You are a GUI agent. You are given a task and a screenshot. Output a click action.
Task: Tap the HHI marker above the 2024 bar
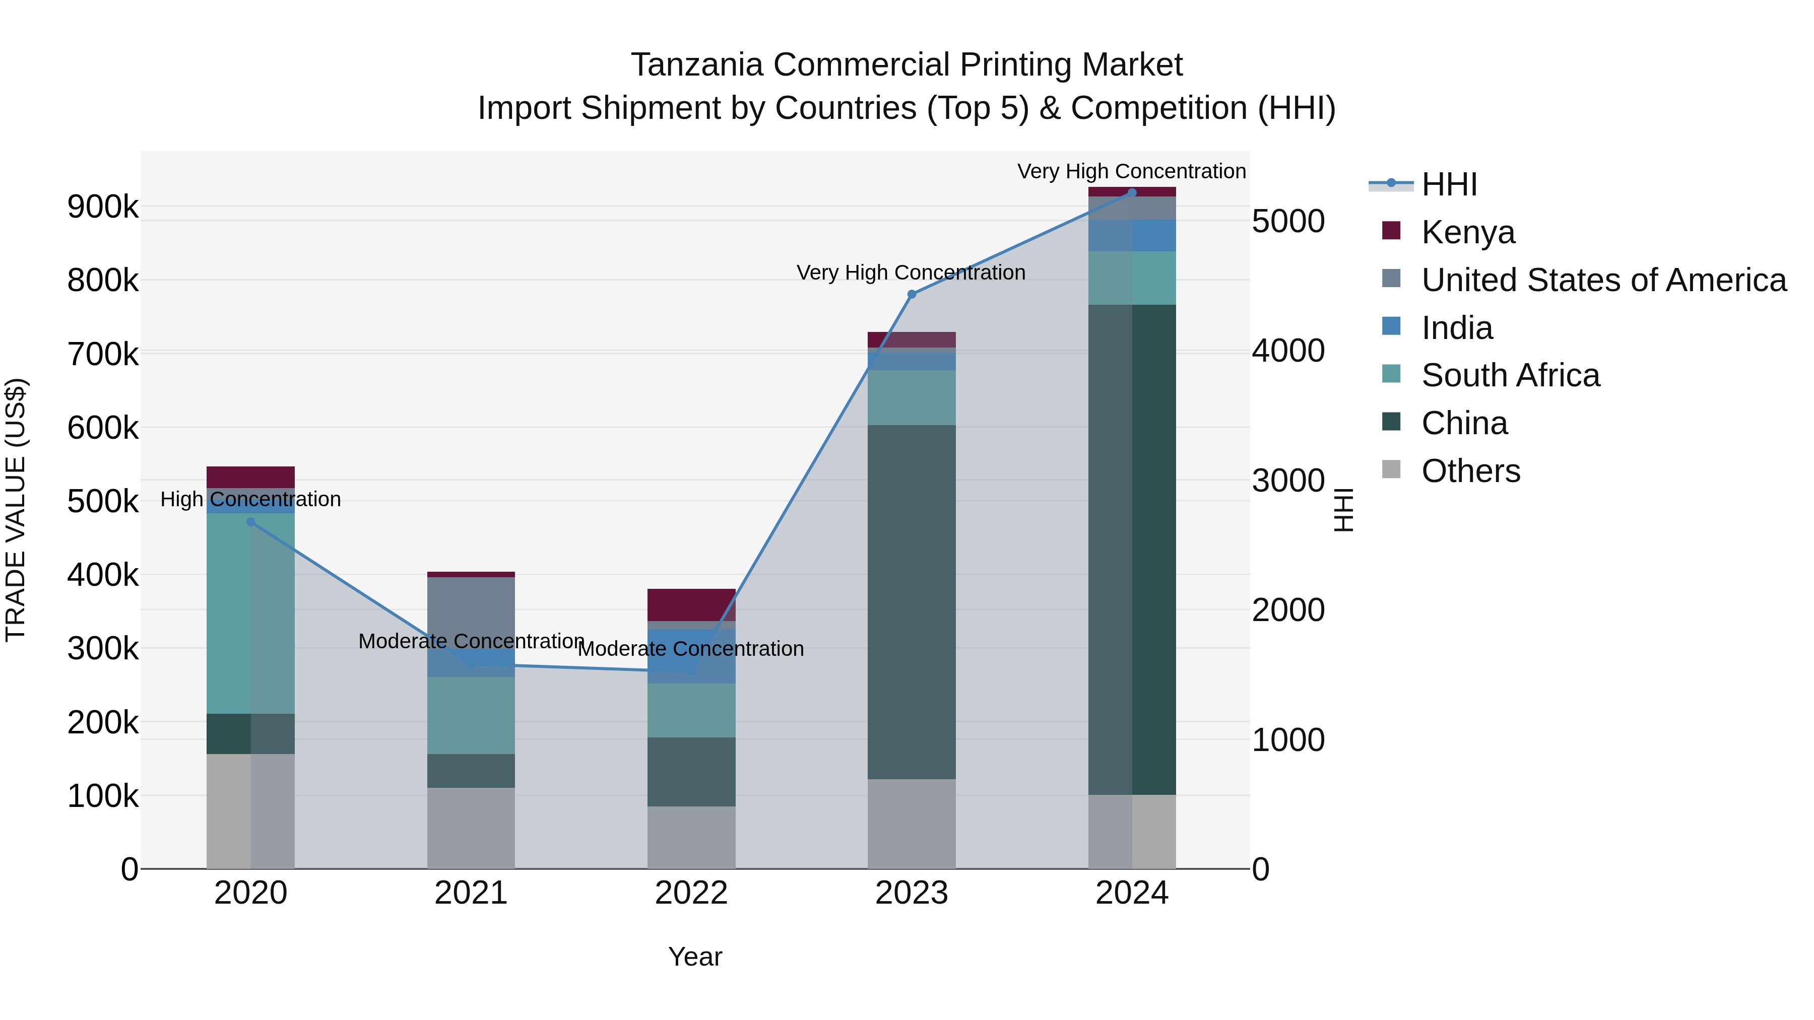tap(1132, 192)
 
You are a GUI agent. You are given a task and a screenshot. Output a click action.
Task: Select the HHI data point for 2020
tap(251, 522)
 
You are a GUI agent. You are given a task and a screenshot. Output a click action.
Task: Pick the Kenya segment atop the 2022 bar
tap(691, 604)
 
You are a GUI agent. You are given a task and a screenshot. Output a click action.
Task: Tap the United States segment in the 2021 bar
tap(471, 609)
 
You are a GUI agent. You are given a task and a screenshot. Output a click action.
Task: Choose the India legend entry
tap(1456, 328)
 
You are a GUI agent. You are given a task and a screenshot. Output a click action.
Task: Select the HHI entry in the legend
tap(1449, 184)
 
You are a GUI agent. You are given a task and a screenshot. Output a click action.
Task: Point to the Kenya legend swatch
tap(1391, 230)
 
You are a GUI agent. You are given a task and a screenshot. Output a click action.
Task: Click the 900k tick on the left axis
tap(103, 207)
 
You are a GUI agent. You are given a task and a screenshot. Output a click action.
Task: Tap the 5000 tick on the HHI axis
tap(1287, 221)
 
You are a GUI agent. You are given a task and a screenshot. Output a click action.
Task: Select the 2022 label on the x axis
tap(691, 893)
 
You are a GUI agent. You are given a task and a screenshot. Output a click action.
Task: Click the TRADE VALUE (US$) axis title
tap(16, 510)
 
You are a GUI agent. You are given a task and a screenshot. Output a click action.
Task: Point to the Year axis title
tap(694, 957)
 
